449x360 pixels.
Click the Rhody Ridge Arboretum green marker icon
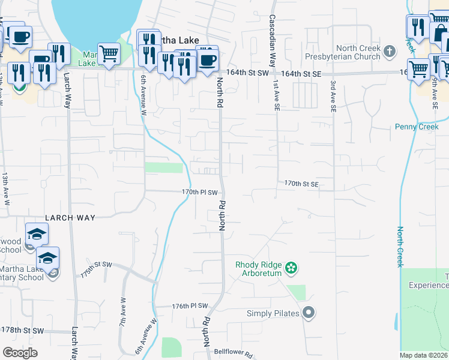click(x=291, y=267)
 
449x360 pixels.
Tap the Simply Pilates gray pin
click(x=309, y=313)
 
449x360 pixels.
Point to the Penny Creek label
click(x=417, y=127)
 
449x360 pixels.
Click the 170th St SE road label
click(x=301, y=183)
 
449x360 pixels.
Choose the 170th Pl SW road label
click(x=199, y=192)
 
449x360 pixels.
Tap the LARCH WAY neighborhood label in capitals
click(x=70, y=217)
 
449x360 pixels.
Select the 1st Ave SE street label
click(x=277, y=97)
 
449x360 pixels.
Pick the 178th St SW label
click(x=22, y=331)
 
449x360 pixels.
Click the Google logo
click(x=20, y=353)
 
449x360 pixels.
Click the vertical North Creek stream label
click(x=400, y=246)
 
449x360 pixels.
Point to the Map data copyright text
click(x=424, y=355)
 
